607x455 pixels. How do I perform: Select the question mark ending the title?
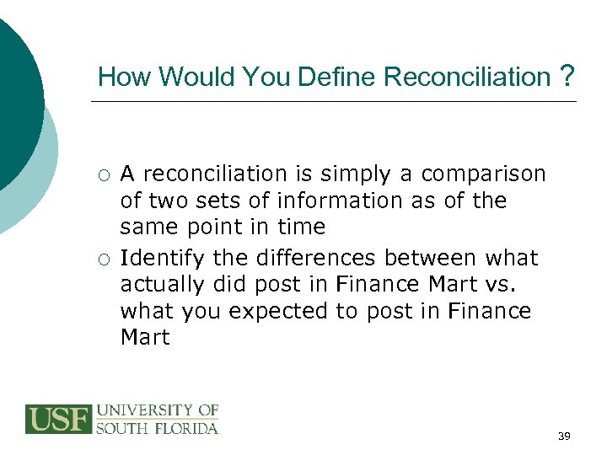(567, 78)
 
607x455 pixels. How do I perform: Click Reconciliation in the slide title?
(466, 78)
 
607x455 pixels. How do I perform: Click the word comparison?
(483, 174)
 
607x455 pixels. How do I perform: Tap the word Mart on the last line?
(145, 338)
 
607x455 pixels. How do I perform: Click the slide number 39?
(564, 436)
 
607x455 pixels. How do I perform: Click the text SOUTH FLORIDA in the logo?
(158, 428)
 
